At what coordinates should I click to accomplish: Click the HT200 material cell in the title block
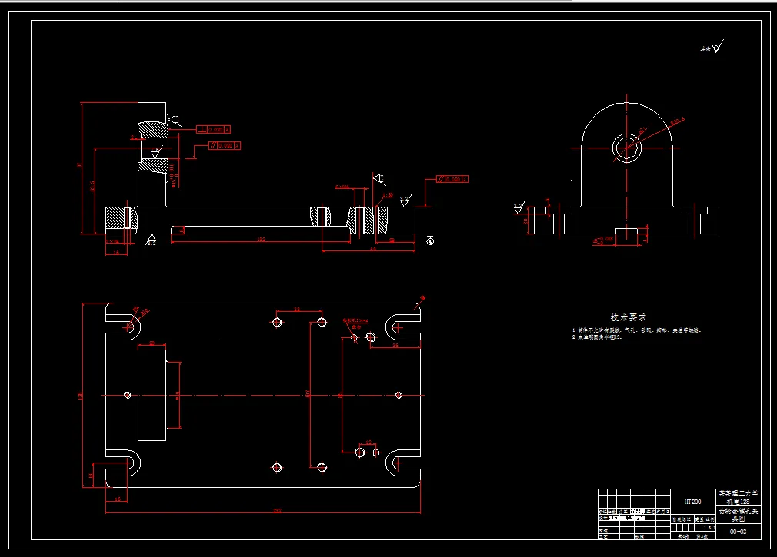coord(692,502)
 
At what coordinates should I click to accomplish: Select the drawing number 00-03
coord(738,531)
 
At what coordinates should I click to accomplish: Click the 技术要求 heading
coord(629,317)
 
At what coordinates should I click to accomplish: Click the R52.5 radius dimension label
coord(676,121)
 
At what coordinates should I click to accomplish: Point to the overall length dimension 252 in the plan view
coord(276,509)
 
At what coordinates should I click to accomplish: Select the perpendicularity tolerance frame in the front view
coord(214,129)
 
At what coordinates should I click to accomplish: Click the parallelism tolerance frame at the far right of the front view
coord(452,179)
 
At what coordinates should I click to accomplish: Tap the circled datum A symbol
coord(429,240)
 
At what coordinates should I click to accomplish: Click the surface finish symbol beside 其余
coord(718,48)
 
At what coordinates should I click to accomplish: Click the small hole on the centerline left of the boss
coord(127,395)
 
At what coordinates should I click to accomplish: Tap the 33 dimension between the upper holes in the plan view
coord(298,310)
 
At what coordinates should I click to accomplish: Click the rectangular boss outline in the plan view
coord(152,395)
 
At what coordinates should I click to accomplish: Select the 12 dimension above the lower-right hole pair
coord(368,443)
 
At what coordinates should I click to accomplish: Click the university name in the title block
coord(738,492)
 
